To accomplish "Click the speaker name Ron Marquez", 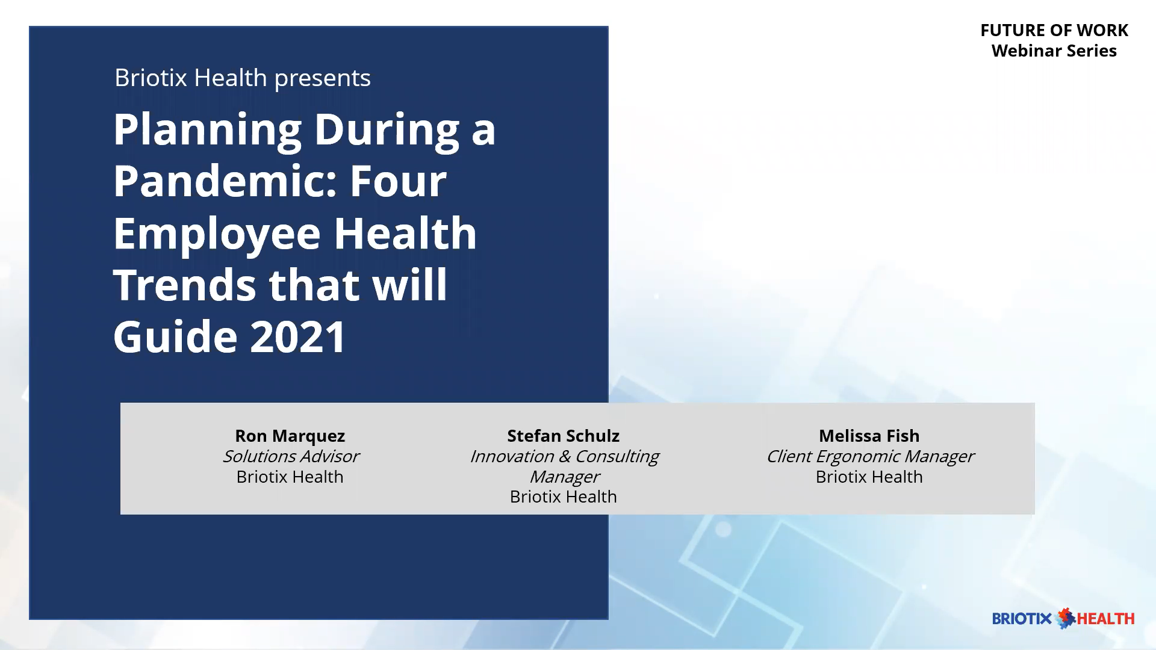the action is click(x=290, y=436).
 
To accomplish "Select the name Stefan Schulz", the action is click(x=563, y=436).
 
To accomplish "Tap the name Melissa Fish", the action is click(x=869, y=436).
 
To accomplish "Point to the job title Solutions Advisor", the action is click(x=291, y=456).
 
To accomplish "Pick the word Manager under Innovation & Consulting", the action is click(x=564, y=477).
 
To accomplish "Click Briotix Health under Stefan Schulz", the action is click(x=563, y=497).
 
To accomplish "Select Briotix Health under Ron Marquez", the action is click(x=290, y=477).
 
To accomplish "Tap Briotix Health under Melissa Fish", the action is click(x=869, y=477).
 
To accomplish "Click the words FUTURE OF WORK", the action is click(x=1054, y=30).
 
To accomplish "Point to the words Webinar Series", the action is click(x=1054, y=51).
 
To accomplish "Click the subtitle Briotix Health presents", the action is click(x=242, y=78).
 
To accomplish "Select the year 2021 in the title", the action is click(x=298, y=336).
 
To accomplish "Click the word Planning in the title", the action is click(x=207, y=131).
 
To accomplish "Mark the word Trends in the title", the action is click(x=185, y=285).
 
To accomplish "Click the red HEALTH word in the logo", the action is click(x=1105, y=619).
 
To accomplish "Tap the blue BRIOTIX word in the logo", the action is click(x=1022, y=619).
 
